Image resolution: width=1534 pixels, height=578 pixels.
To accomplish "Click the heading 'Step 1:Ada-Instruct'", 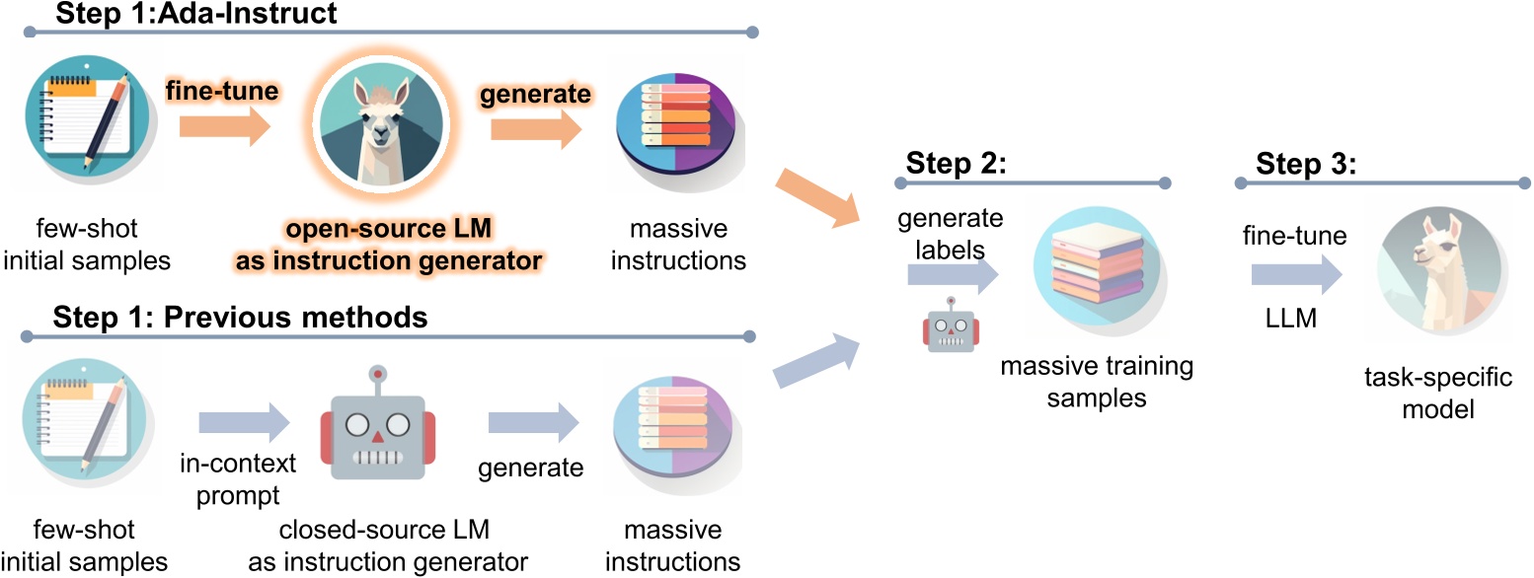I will pos(196,14).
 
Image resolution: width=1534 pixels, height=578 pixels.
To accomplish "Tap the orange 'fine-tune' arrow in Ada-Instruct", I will pos(224,127).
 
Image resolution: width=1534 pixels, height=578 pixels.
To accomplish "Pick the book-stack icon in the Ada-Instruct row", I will pos(675,124).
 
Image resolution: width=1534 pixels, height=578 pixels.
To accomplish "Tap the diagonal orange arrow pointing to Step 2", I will pos(815,197).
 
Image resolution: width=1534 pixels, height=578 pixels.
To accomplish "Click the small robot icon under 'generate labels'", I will pos(950,327).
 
